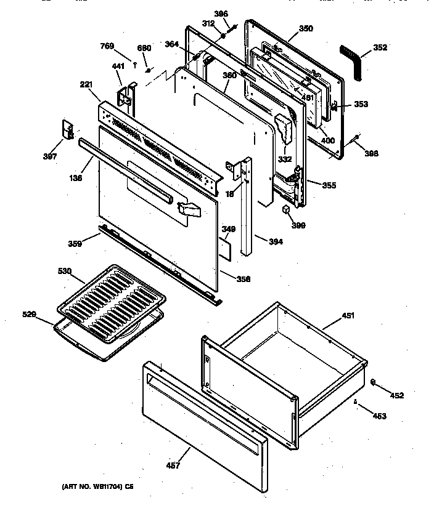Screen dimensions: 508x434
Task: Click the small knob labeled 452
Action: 374,384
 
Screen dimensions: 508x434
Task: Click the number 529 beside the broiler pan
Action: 29,315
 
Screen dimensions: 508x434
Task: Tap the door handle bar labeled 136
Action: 123,170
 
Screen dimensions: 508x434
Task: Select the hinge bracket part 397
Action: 68,130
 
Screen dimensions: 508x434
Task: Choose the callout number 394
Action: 276,241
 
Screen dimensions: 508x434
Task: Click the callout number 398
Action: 371,154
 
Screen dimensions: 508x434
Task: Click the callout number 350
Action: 306,28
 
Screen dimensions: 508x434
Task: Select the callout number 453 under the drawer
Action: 380,416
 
